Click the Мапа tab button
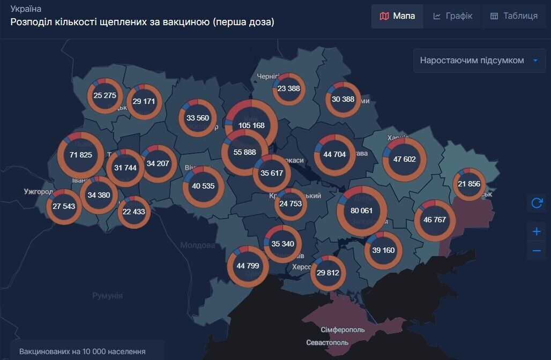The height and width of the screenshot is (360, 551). coord(397,16)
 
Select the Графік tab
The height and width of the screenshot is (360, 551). coord(452,16)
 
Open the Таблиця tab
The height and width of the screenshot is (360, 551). coord(513,16)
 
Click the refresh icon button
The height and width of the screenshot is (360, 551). coord(537,203)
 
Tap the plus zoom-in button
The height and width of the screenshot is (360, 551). coord(537,232)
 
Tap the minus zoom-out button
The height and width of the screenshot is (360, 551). coord(537,251)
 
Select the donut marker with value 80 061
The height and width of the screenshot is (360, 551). coord(362,211)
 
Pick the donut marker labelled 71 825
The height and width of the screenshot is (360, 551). coord(81,155)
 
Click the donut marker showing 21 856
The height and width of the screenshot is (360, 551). coord(469,184)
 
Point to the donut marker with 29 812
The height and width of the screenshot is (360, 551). coord(328,273)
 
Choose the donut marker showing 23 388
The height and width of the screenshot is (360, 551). coord(289,89)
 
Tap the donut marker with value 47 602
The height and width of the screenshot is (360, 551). coord(405,159)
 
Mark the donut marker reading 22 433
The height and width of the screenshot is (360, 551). coord(133,212)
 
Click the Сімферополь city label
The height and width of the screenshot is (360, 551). coord(342,329)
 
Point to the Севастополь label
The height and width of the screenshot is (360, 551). coord(327,342)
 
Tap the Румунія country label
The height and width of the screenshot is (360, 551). coord(107,295)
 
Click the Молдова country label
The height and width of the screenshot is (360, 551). coord(197,245)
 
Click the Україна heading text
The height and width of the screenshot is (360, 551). coord(26,9)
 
